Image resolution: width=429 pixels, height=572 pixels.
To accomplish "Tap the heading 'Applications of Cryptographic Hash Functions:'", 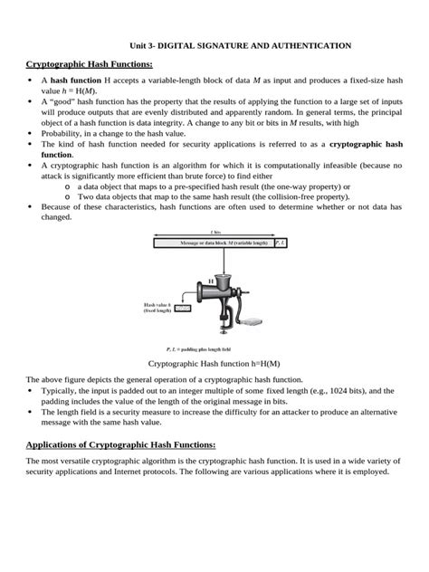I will pyautogui.click(x=120, y=444).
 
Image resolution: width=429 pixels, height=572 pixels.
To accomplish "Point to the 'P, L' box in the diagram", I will pyautogui.click(x=281, y=243).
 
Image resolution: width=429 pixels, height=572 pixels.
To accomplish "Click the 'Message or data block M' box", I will pyautogui.click(x=214, y=243).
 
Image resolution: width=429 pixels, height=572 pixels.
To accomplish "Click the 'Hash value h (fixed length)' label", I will pyautogui.click(x=157, y=308).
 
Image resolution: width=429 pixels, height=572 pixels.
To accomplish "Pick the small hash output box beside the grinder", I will pyautogui.click(x=183, y=308).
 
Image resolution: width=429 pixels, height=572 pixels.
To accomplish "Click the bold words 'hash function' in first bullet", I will pyautogui.click(x=75, y=81).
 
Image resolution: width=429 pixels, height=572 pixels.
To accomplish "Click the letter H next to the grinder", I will pyautogui.click(x=211, y=281).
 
